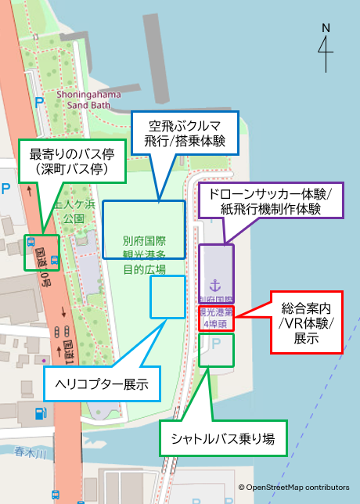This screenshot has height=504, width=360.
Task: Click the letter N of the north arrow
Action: [326, 28]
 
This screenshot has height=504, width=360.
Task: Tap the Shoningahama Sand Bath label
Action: [88, 99]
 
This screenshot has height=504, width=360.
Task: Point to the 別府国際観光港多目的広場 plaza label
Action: [145, 255]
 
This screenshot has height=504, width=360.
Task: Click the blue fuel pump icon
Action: [34, 410]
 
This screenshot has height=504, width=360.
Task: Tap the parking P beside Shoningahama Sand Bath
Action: [38, 101]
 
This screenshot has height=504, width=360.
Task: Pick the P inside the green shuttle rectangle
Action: [217, 344]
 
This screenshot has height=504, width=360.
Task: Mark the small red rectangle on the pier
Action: [216, 319]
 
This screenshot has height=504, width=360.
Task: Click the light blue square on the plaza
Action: [167, 297]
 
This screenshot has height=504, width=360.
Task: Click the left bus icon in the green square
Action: [31, 241]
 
